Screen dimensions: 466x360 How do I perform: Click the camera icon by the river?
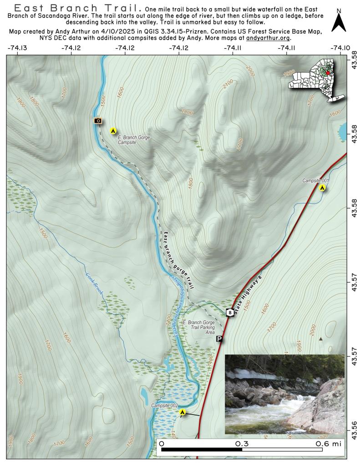tap(97, 121)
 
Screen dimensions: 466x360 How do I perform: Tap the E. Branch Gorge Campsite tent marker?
tap(113, 131)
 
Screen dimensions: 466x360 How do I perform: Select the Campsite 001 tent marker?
tap(322, 187)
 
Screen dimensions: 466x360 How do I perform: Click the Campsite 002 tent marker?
tap(183, 412)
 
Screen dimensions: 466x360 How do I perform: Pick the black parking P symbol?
tap(219, 339)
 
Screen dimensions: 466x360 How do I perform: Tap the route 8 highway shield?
tap(231, 313)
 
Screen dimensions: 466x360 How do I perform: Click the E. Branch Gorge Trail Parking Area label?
tap(198, 327)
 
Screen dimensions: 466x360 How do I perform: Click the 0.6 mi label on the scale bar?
tap(328, 443)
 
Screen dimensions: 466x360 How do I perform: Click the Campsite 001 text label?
tap(315, 181)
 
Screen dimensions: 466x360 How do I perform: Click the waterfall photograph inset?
tap(284, 394)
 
